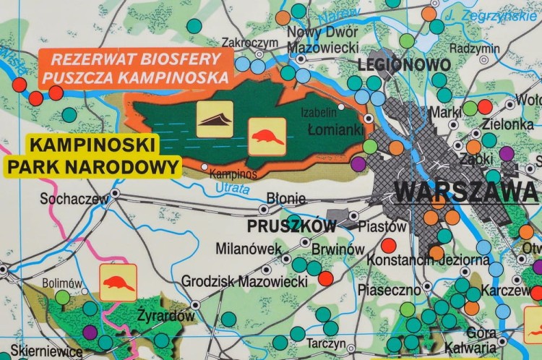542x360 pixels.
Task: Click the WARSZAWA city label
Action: coord(466,192)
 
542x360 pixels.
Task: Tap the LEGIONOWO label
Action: coord(403,65)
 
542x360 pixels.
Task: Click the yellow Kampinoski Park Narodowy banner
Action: coord(92,155)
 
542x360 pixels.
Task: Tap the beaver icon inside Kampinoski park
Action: coord(267,137)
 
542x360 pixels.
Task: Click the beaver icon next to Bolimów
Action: coord(118,282)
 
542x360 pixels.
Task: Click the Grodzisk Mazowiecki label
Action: coord(244,280)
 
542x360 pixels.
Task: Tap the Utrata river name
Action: coord(232,188)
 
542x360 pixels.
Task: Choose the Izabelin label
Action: coord(319,112)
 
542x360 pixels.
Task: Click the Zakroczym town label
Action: coord(250,43)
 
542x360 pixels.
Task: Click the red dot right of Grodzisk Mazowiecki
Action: coord(326,278)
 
